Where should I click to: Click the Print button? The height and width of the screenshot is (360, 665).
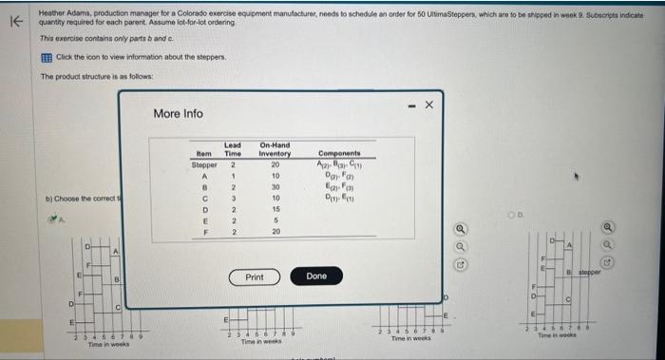(255, 276)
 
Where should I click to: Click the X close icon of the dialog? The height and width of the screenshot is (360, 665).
(428, 104)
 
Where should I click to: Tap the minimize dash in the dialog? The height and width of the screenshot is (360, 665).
(409, 104)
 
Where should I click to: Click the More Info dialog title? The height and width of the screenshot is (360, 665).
(178, 113)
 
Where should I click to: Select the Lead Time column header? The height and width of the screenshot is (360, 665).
(233, 149)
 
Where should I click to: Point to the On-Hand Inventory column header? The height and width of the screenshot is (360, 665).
(275, 149)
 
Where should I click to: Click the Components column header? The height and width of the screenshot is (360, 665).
(339, 153)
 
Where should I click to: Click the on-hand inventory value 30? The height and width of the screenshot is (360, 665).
(275, 187)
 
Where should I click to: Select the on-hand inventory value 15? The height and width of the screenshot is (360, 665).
(275, 209)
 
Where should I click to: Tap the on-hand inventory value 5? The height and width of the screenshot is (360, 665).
(275, 220)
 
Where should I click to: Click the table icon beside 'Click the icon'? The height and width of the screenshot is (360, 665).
(45, 57)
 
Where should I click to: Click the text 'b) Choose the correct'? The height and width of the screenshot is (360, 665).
(80, 198)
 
